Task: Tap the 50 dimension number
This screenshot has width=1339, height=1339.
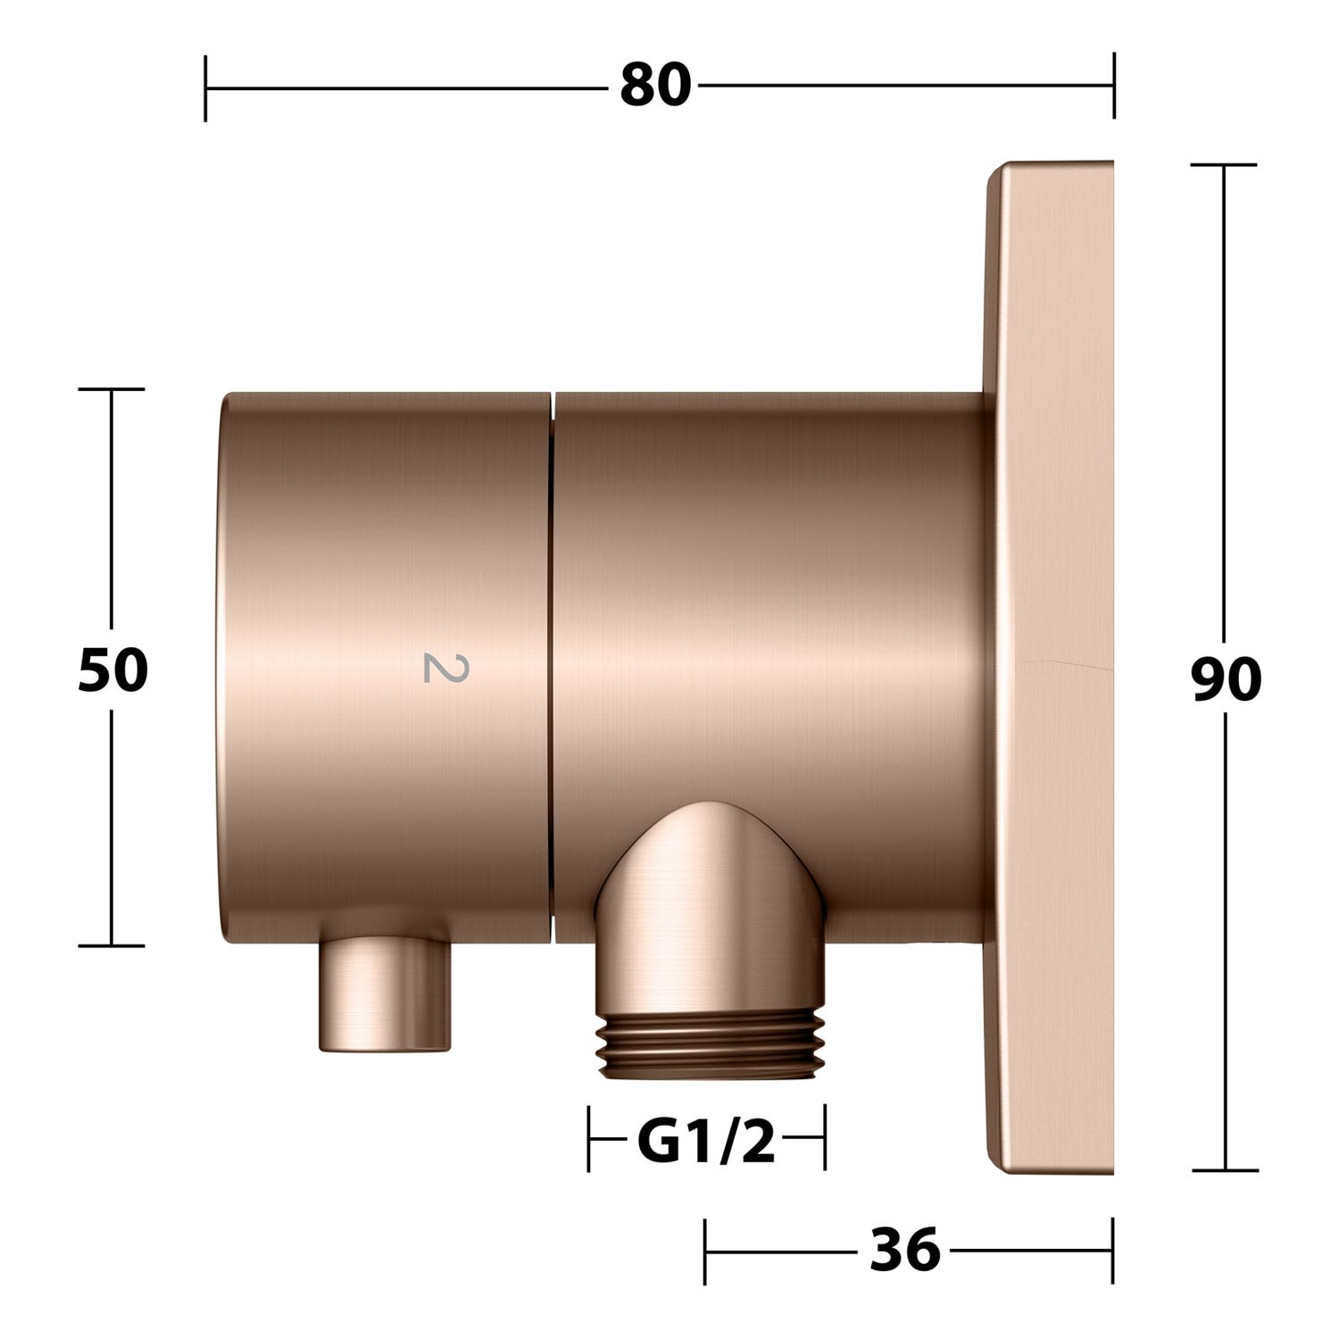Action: tap(112, 670)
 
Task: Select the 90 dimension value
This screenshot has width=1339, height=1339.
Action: tap(1227, 679)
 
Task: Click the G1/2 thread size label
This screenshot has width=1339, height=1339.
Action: tap(706, 1142)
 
